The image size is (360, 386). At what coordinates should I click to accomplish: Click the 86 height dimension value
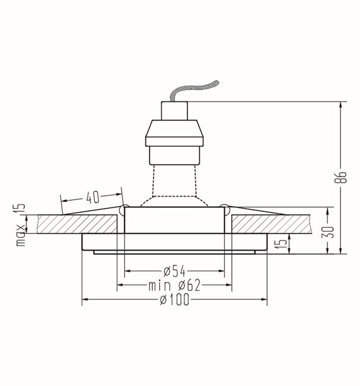(x=340, y=177)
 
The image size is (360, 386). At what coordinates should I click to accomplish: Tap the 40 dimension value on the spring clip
(x=93, y=197)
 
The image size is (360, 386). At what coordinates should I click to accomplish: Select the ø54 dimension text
(x=174, y=271)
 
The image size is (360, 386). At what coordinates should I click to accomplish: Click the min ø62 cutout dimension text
(x=174, y=285)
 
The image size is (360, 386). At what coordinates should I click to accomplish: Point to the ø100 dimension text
(x=174, y=299)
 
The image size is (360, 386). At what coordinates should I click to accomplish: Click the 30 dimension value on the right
(x=328, y=232)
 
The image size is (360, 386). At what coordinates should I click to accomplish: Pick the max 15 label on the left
(x=20, y=224)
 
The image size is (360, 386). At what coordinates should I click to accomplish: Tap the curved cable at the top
(x=195, y=90)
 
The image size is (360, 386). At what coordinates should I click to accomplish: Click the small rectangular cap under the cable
(x=174, y=111)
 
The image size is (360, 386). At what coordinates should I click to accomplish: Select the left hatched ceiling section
(x=78, y=224)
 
